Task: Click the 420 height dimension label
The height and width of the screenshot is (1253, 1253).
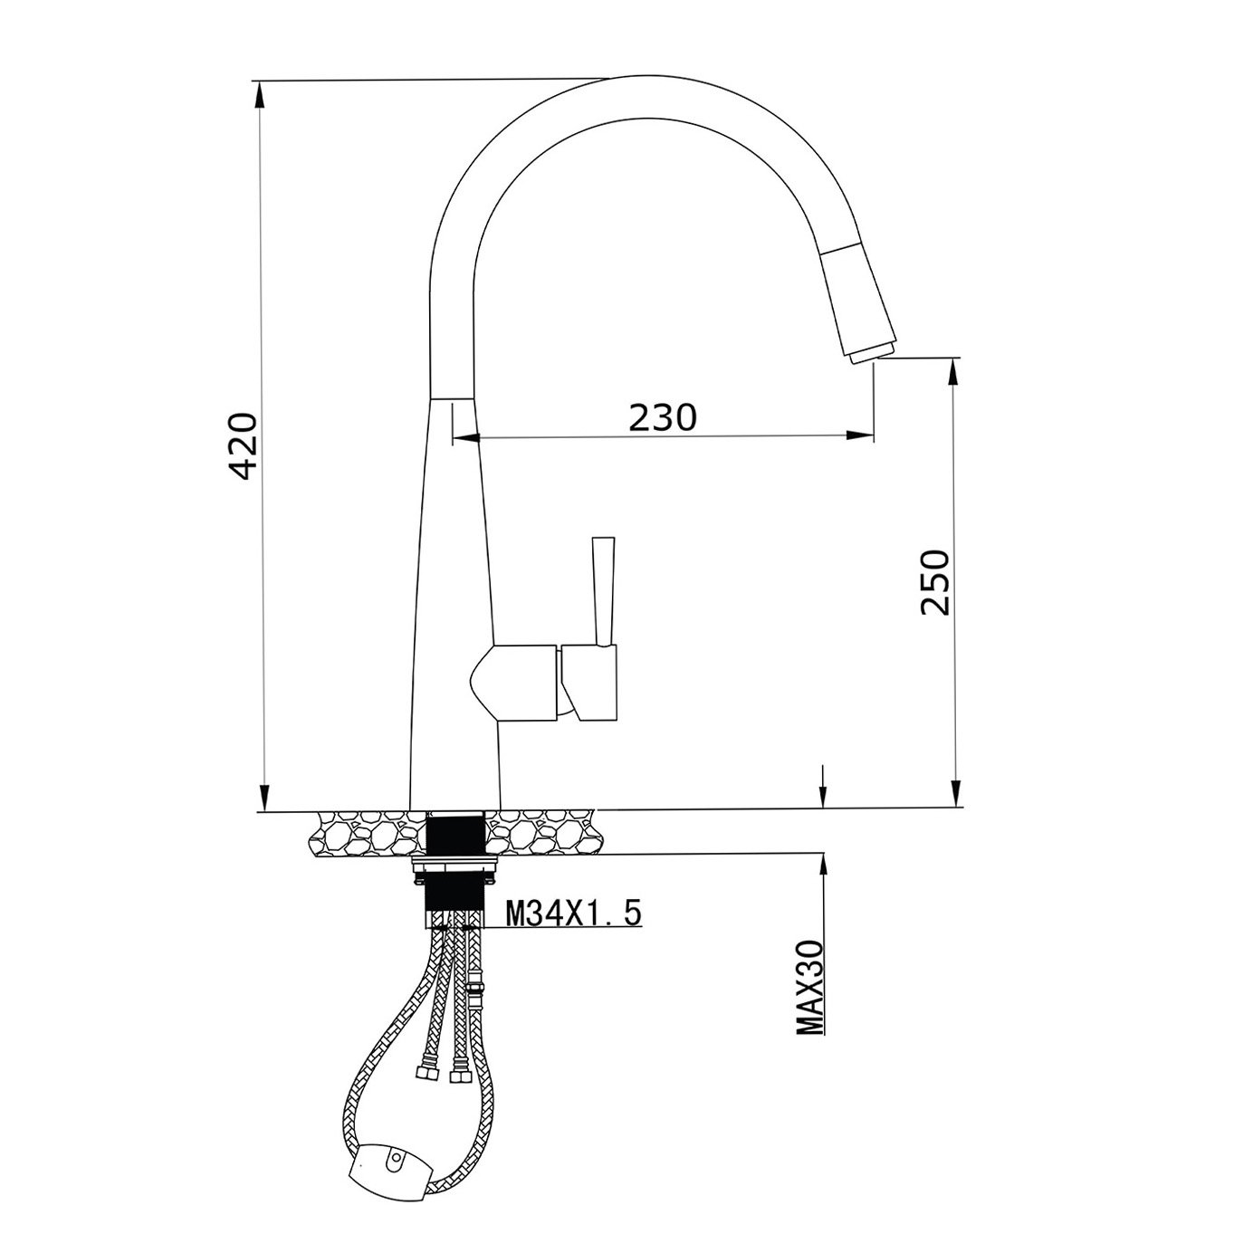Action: click(244, 446)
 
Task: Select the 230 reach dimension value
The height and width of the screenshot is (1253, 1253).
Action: click(662, 417)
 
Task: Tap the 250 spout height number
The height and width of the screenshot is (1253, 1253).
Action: click(935, 582)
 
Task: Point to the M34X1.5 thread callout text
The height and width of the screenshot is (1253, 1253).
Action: click(573, 913)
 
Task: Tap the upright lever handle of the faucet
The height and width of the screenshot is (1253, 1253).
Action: click(604, 590)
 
